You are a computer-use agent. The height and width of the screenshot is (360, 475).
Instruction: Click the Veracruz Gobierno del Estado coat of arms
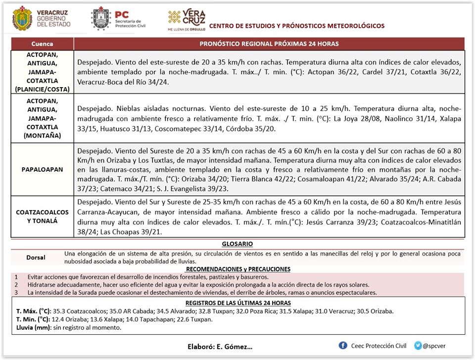[x=22, y=18]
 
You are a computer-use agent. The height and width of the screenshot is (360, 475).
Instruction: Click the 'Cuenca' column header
[x=42, y=44]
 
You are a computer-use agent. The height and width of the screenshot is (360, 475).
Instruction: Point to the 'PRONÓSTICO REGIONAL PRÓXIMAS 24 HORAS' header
[x=269, y=44]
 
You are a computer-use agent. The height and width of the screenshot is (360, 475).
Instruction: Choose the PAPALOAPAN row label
[x=42, y=169]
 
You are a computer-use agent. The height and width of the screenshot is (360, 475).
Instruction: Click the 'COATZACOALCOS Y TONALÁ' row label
[x=42, y=216]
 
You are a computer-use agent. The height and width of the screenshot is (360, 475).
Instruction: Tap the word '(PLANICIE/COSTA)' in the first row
[x=42, y=89]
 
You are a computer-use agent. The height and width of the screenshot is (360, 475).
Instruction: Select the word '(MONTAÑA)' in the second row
[x=42, y=135]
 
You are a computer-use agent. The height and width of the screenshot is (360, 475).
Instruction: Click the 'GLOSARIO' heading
[x=237, y=244]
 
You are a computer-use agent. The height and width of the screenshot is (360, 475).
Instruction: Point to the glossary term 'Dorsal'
[x=36, y=257]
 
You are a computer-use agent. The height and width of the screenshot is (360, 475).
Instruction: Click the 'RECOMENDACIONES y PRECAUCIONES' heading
[x=238, y=269]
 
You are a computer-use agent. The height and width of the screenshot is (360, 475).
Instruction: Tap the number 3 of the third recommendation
[x=16, y=292]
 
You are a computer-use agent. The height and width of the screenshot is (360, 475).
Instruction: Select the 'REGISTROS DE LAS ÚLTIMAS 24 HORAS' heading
[x=238, y=303]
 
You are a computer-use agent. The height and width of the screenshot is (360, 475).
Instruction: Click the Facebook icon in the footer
[x=343, y=345]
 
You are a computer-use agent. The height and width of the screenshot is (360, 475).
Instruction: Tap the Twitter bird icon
[x=419, y=345]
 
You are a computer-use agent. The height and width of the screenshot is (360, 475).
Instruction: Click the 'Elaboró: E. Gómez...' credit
[x=220, y=347]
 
